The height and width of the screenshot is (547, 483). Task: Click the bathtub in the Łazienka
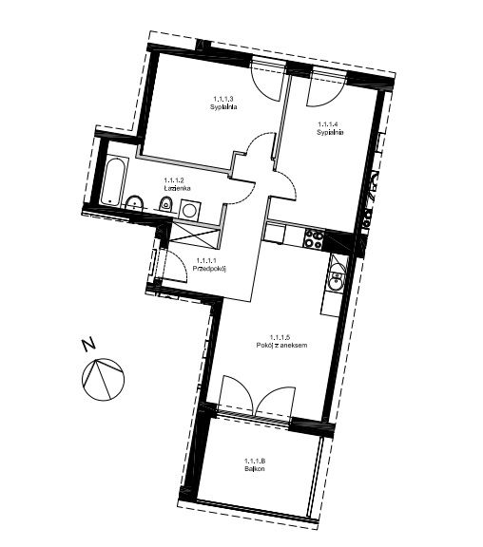114,182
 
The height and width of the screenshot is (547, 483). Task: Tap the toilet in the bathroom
165,204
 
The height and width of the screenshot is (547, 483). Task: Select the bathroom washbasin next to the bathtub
134,202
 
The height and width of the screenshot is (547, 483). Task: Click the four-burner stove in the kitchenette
313,239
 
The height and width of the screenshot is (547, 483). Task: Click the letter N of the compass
89,344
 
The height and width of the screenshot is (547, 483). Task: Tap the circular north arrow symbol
103,379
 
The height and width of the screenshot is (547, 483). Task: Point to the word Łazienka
177,188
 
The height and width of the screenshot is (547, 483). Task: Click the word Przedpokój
210,268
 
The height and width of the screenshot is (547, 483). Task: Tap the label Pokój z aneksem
281,346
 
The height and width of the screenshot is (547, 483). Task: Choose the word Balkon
255,469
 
